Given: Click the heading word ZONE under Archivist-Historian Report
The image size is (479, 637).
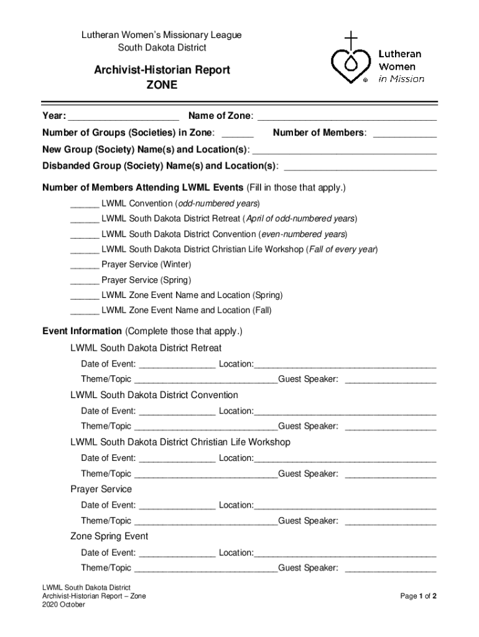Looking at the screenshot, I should point(162,85).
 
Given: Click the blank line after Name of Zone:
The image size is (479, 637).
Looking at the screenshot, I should point(346,117).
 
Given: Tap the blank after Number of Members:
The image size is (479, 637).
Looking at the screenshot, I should point(404,134).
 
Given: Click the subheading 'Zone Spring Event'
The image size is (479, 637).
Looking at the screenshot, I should point(109,536).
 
